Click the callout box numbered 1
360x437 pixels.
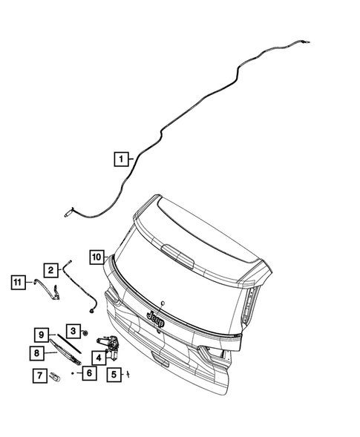pyautogui.click(x=120, y=158)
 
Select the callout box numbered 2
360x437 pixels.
pyautogui.click(x=50, y=270)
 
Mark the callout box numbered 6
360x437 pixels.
pyautogui.click(x=88, y=374)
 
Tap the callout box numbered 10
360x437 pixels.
pyautogui.click(x=96, y=257)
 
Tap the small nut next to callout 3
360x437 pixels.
pyautogui.click(x=87, y=332)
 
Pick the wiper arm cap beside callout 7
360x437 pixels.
pyautogui.click(x=54, y=375)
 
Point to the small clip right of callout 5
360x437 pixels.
pyautogui.click(x=128, y=373)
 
